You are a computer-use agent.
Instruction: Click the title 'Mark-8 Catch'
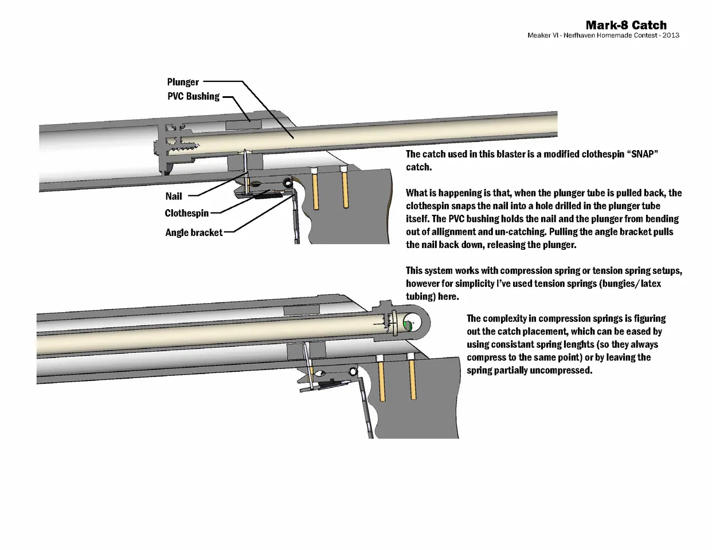(x=626, y=25)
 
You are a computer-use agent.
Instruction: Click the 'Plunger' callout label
(x=183, y=82)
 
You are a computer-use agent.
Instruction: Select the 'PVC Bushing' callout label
(x=193, y=96)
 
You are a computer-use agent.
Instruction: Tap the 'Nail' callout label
(x=174, y=196)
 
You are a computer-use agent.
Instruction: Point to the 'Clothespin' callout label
(x=186, y=213)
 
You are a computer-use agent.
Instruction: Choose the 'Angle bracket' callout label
(x=194, y=233)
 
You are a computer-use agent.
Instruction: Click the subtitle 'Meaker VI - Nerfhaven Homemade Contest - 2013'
(x=603, y=36)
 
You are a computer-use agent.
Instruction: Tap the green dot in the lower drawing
(x=408, y=325)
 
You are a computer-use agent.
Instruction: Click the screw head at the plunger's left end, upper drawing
(x=159, y=147)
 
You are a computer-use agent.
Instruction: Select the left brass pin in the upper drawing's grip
(x=314, y=188)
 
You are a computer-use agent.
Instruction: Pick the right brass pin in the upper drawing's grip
(x=345, y=188)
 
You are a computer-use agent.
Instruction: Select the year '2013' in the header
(x=671, y=36)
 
